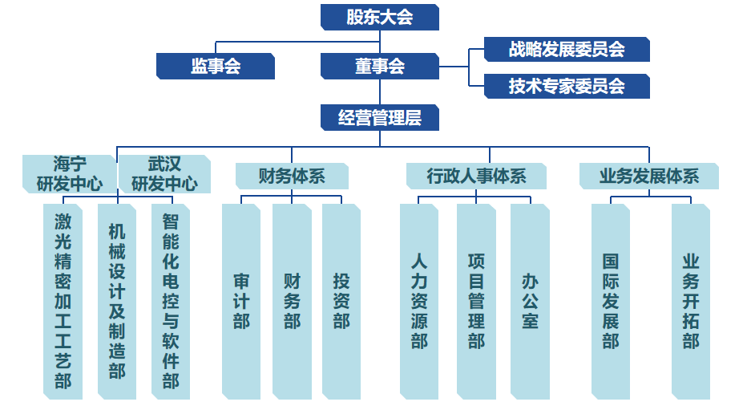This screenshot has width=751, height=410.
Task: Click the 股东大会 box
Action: [379, 17]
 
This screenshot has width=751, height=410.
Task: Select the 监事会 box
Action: [215, 66]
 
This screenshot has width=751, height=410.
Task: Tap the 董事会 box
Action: [379, 66]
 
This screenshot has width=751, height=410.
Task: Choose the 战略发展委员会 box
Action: [567, 49]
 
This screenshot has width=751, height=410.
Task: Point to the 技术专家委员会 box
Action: [567, 85]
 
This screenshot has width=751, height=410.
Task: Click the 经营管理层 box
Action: [379, 118]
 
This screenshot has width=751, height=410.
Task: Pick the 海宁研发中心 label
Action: [70, 174]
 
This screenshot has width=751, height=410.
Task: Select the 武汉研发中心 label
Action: [164, 174]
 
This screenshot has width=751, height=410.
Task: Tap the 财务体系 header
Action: [292, 176]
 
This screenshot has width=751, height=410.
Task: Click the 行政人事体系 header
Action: [476, 176]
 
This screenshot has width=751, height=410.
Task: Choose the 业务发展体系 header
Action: [649, 176]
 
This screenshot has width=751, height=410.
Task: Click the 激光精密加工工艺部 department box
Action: [63, 301]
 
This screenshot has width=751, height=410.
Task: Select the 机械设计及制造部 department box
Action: [117, 301]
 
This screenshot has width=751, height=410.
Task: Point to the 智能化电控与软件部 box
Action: [171, 301]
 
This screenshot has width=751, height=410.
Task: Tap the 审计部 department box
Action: [241, 301]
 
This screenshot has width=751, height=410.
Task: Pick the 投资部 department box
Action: [341, 301]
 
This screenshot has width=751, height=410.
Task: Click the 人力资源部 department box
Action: [419, 301]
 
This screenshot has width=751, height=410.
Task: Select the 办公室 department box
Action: [530, 301]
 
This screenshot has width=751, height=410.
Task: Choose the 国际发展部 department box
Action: [611, 301]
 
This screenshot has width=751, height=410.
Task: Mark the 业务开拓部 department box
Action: [691, 301]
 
